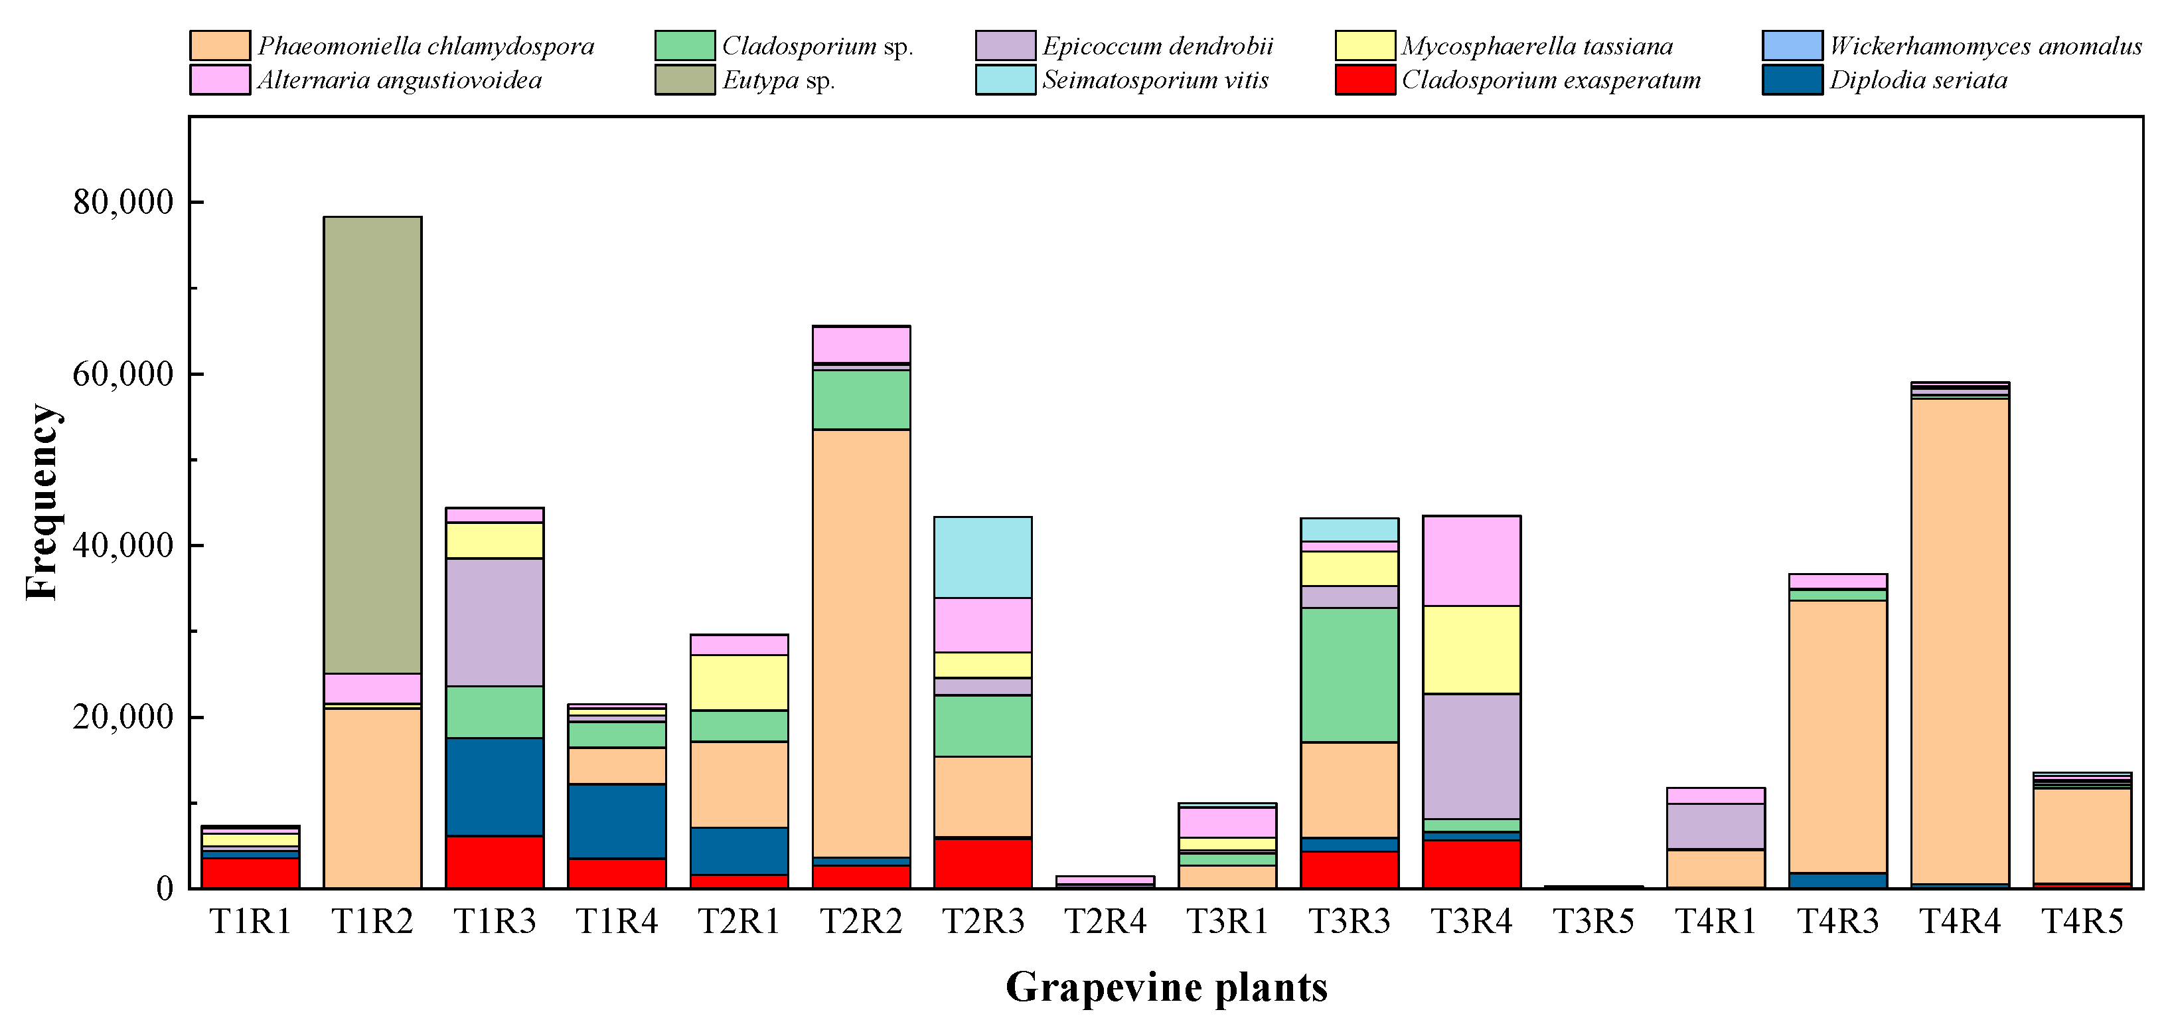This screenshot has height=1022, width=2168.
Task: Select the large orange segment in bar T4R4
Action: coord(1960,639)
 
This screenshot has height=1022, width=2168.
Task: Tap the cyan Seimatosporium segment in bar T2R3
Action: coord(983,557)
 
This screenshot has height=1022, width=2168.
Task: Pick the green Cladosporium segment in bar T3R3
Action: coord(1349,674)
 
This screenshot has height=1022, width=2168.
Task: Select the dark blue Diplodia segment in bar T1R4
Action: coord(617,821)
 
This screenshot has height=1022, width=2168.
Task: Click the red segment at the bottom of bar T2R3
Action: coord(983,862)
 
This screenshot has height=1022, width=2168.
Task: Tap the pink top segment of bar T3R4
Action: coord(1471,560)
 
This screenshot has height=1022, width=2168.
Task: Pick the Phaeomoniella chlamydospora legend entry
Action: coord(425,45)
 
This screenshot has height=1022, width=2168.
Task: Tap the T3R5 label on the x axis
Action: coord(1593,922)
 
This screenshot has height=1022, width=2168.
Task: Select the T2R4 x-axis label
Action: coord(1105,922)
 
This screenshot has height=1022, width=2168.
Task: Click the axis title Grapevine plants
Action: coord(1166,987)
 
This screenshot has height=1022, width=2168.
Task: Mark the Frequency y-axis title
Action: coord(41,502)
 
